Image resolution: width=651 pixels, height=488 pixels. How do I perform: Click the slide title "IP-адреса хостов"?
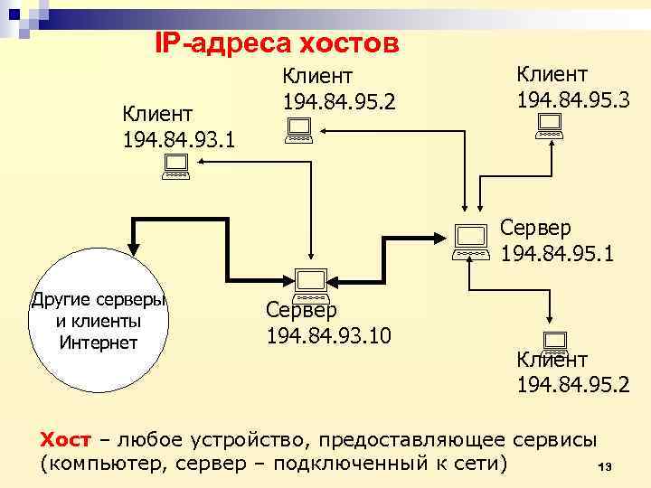click(x=277, y=42)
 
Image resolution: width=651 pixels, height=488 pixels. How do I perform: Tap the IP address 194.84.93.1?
click(x=177, y=140)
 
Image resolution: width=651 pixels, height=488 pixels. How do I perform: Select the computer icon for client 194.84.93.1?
click(x=175, y=165)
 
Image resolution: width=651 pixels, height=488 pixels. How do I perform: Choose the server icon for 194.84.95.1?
click(x=471, y=241)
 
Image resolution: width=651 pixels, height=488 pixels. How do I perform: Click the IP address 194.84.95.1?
click(x=557, y=255)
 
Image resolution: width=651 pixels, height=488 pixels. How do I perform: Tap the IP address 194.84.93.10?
click(x=329, y=337)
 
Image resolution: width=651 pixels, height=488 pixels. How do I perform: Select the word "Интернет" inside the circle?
click(x=98, y=342)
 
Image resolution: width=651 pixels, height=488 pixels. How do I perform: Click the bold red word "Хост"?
click(x=66, y=440)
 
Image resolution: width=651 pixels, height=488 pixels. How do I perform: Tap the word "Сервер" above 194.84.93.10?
click(x=301, y=310)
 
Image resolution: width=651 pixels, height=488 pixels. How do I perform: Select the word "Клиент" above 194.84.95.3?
click(x=552, y=71)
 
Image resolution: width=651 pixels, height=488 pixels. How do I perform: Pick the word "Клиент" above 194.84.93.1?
click(x=157, y=115)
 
